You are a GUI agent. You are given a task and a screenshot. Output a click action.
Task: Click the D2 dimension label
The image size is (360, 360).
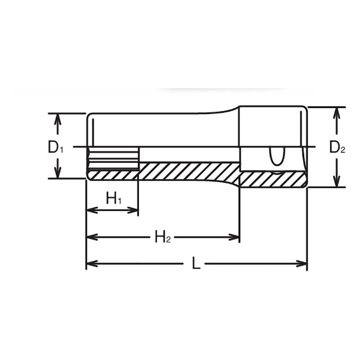pos(337,147)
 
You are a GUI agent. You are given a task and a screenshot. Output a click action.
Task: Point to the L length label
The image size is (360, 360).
pos(196,263)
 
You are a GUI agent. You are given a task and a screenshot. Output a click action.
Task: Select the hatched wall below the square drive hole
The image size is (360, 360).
pos(272,179)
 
